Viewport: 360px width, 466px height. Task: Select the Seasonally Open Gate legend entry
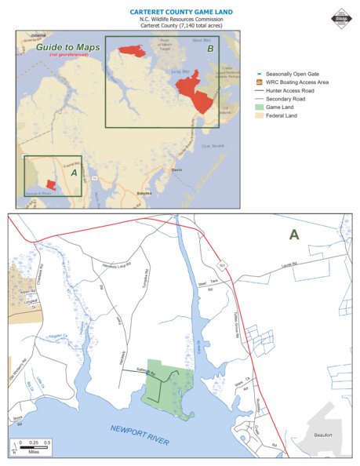294,71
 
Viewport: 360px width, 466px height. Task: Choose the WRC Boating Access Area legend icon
260,81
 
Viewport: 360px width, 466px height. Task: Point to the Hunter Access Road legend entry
293,90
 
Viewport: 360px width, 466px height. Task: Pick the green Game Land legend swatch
260,109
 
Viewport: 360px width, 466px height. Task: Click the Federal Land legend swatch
260,118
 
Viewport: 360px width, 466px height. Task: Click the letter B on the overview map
209,49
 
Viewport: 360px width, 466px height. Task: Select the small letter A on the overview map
74,171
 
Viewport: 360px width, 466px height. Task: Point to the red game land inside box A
50,184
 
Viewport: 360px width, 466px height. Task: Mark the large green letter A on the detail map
294,235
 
